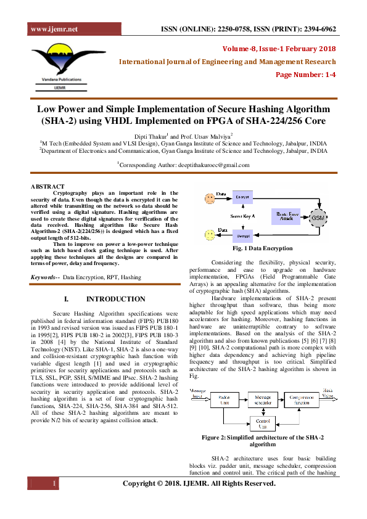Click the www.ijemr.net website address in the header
[x=54, y=29]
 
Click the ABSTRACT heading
[x=47, y=186]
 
